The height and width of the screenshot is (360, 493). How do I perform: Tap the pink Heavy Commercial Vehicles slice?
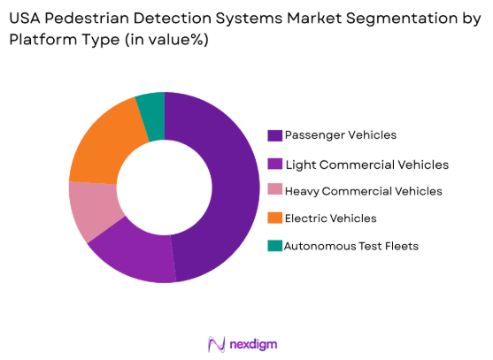tap(89, 210)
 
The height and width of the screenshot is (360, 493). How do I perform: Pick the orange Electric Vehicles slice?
tap(103, 142)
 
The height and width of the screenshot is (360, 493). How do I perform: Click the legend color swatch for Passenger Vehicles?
tap(275, 135)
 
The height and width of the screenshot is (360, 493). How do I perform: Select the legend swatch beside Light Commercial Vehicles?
tap(275, 164)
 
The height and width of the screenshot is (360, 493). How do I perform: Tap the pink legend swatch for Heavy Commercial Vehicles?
tap(275, 191)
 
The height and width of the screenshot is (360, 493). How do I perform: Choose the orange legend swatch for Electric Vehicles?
tap(275, 218)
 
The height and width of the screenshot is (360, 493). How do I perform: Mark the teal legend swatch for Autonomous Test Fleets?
tap(275, 246)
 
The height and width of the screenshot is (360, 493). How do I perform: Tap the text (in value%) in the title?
tap(162, 38)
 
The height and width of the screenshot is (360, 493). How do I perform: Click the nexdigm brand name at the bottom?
tap(257, 343)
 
